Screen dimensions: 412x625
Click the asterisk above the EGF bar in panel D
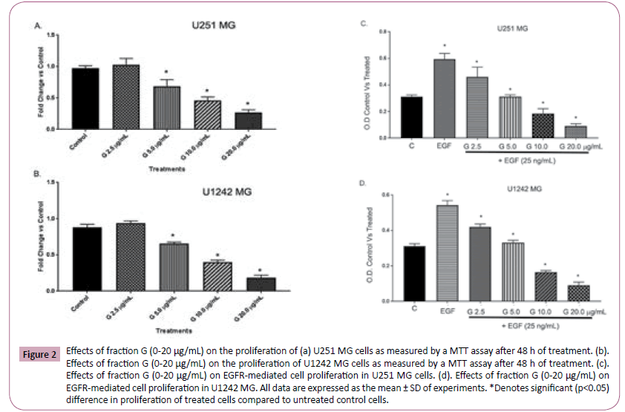click(445, 194)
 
